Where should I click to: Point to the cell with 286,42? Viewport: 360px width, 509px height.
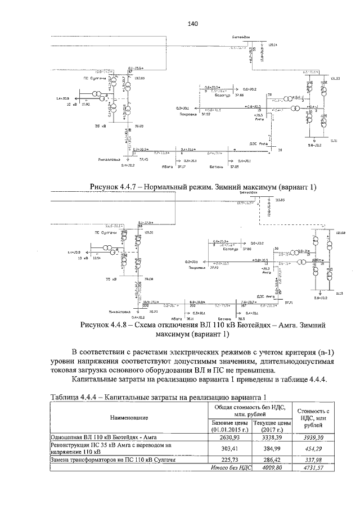click(272, 460)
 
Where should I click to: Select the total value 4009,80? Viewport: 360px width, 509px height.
click(272, 467)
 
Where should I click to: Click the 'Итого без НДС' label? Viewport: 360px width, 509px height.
click(229, 467)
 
